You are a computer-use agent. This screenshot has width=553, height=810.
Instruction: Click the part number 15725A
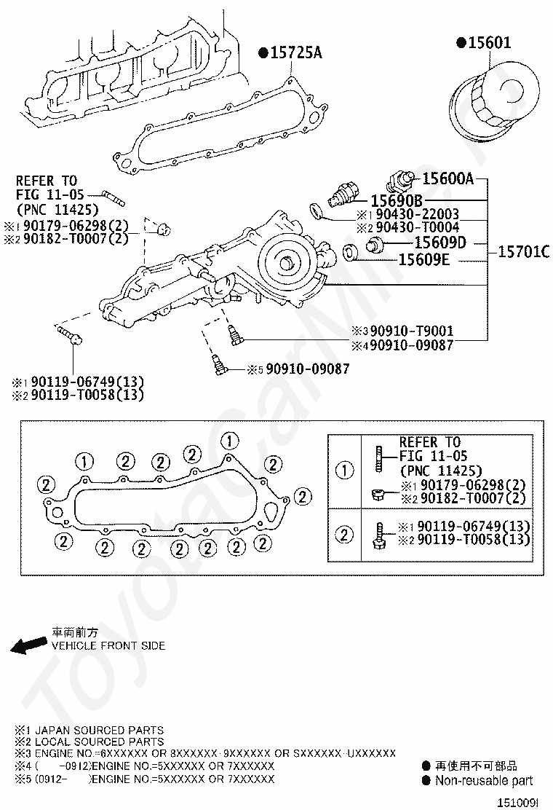[296, 52]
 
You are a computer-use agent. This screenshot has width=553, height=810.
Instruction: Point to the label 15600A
[447, 178]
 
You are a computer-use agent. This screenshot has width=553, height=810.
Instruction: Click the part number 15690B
[397, 200]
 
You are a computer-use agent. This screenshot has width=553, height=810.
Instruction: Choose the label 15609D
[440, 243]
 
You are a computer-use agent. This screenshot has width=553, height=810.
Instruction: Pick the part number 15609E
[423, 259]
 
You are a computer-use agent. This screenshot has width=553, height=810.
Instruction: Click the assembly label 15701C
[523, 252]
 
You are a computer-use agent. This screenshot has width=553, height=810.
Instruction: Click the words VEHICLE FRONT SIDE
[108, 645]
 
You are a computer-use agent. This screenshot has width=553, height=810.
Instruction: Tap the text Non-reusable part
[484, 781]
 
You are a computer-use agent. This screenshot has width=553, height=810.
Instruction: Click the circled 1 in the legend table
[344, 470]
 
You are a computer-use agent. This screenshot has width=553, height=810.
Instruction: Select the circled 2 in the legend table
[344, 534]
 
